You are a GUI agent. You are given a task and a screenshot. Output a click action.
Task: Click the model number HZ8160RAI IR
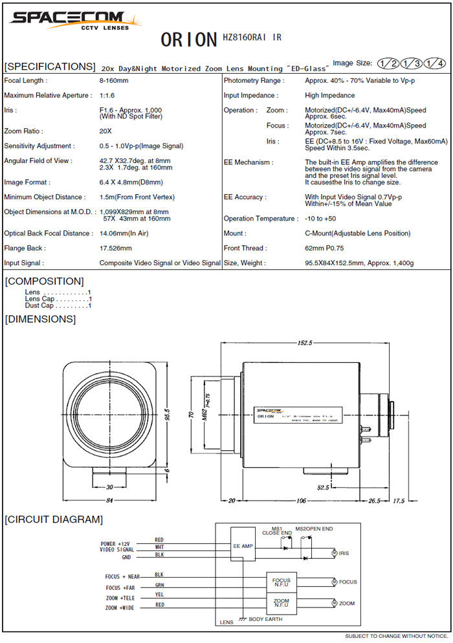point(252,38)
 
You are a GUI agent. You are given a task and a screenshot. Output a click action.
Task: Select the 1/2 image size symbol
point(389,63)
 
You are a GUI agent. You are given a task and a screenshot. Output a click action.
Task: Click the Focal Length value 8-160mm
point(114,81)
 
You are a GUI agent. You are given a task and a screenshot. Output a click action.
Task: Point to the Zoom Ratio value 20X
point(105,131)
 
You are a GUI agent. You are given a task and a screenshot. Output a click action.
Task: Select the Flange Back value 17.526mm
point(116,248)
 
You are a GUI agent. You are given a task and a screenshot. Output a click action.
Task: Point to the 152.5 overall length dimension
point(305,343)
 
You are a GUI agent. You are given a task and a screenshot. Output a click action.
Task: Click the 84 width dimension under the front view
point(109,500)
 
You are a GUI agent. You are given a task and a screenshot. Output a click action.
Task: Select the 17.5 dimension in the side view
point(399,500)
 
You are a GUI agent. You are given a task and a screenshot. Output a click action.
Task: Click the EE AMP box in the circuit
point(244,547)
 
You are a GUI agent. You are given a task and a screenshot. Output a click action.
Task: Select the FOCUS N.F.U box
point(282,581)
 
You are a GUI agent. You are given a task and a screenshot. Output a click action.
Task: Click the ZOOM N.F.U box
point(282,603)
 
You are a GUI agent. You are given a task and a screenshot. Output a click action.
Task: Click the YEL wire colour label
point(159,594)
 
